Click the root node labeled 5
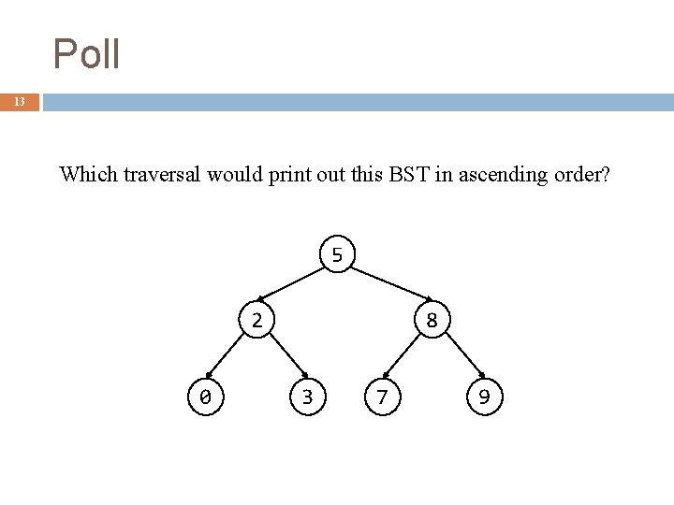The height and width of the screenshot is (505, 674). point(337,254)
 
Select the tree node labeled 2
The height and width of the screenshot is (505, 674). point(256,320)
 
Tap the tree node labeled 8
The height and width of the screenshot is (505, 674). point(432,320)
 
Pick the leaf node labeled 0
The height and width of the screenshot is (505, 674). point(205,397)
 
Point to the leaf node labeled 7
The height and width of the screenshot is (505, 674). point(381,397)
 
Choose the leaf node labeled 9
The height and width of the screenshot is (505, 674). point(484,397)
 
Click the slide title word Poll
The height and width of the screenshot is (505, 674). point(86,54)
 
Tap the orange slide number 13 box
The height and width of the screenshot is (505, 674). point(20,102)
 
